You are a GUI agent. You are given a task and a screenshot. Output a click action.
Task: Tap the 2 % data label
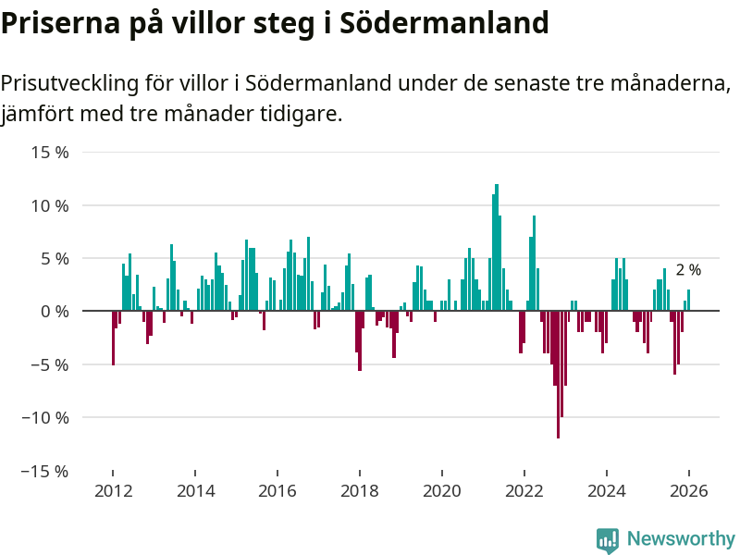click(x=688, y=270)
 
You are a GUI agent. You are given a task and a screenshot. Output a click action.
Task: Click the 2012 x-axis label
click(x=113, y=491)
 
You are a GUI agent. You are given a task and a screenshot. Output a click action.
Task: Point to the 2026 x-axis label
click(x=688, y=491)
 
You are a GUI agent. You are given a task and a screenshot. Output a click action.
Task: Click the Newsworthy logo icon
click(x=608, y=540)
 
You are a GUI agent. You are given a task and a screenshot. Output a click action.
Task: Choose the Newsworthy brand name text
click(x=681, y=538)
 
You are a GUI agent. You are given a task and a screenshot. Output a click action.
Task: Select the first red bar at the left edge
click(x=113, y=338)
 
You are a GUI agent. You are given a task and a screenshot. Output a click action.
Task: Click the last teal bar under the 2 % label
click(x=688, y=301)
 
